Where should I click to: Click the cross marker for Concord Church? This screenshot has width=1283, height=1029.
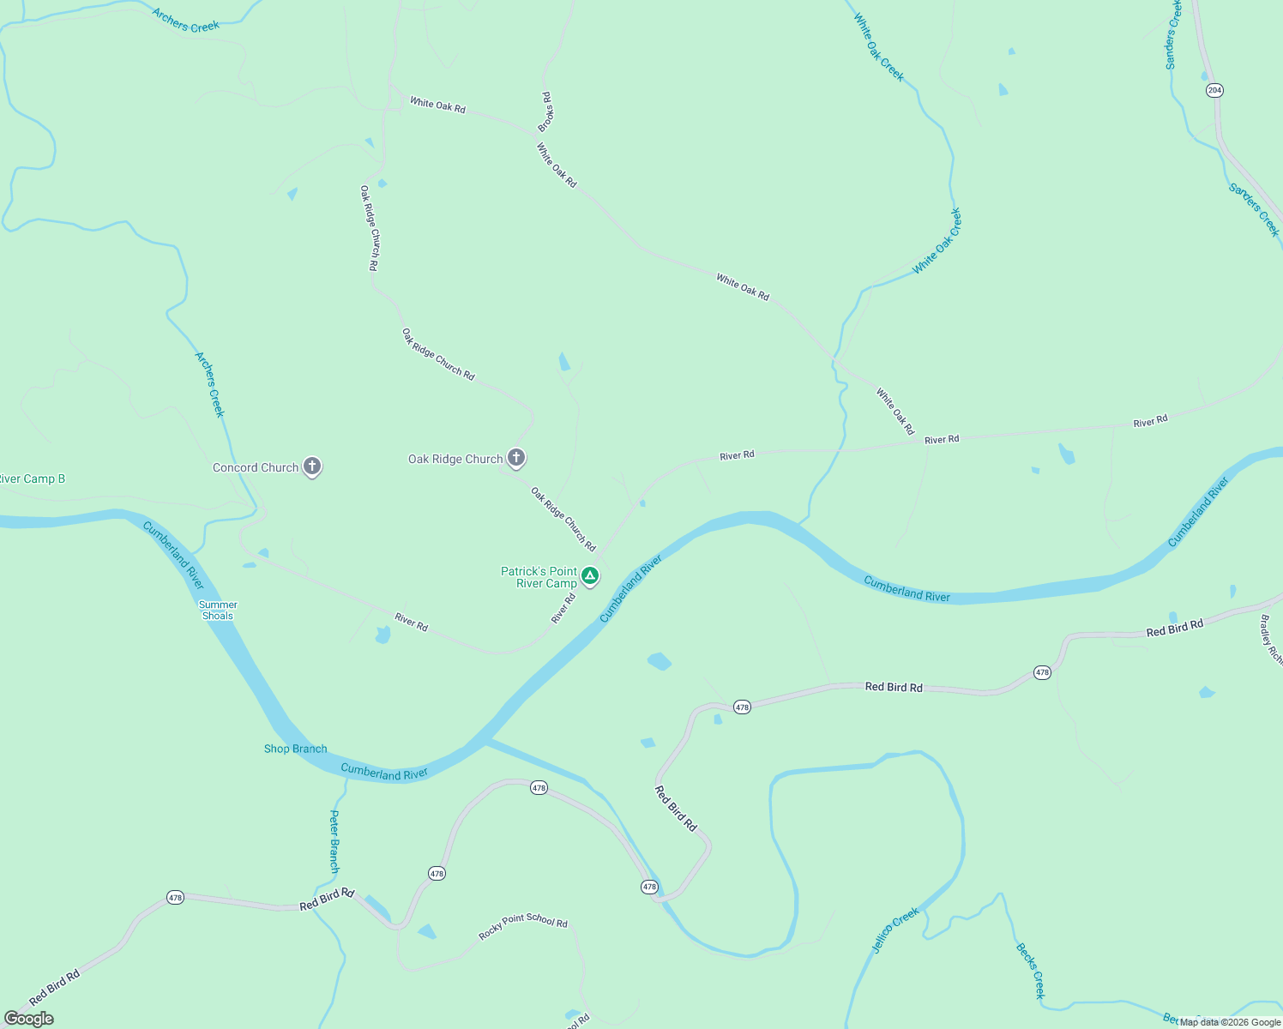tap(312, 466)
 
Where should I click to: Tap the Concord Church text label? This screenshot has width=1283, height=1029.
tap(256, 467)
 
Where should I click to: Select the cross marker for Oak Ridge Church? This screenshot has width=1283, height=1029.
tap(515, 458)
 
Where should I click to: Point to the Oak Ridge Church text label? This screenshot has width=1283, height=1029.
tap(455, 459)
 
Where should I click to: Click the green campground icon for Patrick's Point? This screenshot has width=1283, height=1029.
tap(589, 575)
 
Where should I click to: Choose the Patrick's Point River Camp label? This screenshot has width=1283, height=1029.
tap(539, 577)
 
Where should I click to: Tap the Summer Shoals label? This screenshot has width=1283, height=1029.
tap(218, 610)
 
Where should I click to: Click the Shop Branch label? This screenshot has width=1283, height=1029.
tap(295, 749)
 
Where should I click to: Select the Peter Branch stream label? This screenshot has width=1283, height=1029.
tap(334, 841)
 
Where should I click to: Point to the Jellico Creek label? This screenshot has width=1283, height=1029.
tap(895, 930)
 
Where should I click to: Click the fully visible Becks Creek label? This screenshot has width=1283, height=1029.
tap(1030, 971)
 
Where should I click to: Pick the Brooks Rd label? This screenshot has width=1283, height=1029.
tap(545, 111)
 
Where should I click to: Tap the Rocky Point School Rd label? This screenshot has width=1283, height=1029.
tap(523, 927)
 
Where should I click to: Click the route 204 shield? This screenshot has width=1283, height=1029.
tap(1214, 90)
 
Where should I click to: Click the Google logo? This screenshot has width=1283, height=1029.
tap(29, 1019)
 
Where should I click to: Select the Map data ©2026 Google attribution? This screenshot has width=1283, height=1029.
tap(1230, 1022)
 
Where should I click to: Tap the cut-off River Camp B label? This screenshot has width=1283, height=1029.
tap(32, 478)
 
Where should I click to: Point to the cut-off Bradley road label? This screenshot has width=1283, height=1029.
tap(1270, 640)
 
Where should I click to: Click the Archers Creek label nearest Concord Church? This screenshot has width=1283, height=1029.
tap(210, 384)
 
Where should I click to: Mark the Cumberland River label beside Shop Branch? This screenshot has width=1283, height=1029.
tap(383, 772)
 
